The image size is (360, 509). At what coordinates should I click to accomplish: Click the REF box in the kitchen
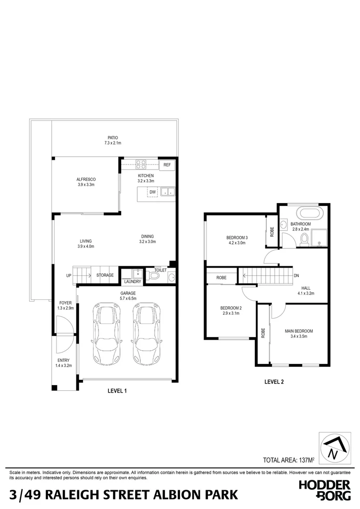click(x=167, y=165)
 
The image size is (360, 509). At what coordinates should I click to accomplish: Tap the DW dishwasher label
click(x=152, y=192)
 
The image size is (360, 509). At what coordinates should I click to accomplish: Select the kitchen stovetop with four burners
click(x=141, y=164)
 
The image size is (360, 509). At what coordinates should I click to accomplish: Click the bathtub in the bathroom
click(x=308, y=212)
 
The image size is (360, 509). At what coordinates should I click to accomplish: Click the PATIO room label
click(x=113, y=138)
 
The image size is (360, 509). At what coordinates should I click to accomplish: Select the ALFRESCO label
click(x=86, y=180)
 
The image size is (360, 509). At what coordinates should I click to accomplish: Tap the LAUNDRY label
click(x=133, y=282)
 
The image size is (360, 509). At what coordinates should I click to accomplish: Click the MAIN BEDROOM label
click(x=299, y=331)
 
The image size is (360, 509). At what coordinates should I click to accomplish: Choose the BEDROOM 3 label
click(x=237, y=238)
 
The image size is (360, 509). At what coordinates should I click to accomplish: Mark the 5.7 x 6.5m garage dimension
click(x=127, y=298)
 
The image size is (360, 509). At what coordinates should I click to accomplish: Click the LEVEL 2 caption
click(x=274, y=382)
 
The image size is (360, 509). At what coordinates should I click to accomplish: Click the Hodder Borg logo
click(x=325, y=490)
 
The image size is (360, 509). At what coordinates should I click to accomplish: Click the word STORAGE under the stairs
click(x=105, y=275)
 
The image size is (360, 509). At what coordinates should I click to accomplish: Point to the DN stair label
click(x=296, y=276)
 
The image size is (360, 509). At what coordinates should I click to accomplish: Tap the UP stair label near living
click(x=69, y=275)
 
